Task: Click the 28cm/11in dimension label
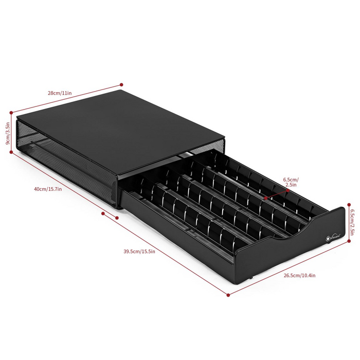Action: [x=60, y=93]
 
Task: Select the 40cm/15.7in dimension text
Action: [x=48, y=189]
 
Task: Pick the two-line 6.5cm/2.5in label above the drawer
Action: [x=291, y=183]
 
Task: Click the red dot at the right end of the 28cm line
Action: [x=121, y=84]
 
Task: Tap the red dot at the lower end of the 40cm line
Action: [x=104, y=212]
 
